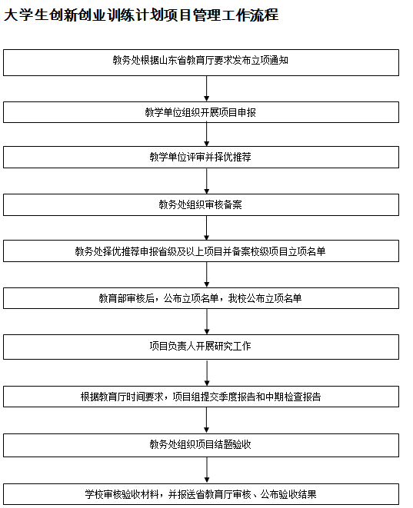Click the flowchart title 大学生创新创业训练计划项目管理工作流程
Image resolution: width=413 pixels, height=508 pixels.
click(141, 15)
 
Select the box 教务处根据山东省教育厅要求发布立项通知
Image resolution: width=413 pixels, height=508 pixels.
click(201, 62)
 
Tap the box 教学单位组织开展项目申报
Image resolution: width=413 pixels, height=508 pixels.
click(201, 112)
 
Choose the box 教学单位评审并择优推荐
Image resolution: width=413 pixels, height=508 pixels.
click(201, 157)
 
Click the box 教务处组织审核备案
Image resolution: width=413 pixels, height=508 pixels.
click(201, 204)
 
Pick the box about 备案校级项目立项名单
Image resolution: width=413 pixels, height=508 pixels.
click(201, 251)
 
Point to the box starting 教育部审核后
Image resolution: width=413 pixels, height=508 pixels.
click(201, 298)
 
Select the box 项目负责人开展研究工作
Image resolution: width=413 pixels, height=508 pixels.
click(201, 347)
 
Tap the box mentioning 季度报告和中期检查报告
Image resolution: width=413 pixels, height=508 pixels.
click(201, 397)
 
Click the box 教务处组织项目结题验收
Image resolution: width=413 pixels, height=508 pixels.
click(201, 446)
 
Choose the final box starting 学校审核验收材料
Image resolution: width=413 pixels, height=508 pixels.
click(201, 494)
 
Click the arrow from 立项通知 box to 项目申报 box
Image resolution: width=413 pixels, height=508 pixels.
click(206, 89)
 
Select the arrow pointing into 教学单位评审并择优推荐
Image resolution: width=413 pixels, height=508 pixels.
click(206, 134)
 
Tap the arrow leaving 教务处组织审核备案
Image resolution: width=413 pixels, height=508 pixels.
click(206, 227)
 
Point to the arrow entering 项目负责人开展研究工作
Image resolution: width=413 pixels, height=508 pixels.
click(206, 322)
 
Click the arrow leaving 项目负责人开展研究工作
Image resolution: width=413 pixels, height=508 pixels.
click(206, 373)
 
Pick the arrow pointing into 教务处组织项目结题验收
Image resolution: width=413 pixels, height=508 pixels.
click(206, 420)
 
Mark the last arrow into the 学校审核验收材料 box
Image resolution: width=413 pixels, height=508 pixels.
click(206, 470)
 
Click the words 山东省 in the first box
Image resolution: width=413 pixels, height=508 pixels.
click(173, 60)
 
